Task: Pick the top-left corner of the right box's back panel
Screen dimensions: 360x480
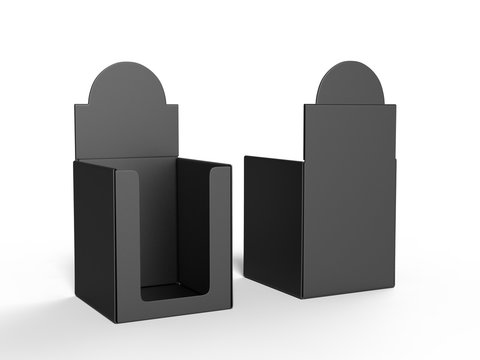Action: point(304,104)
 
